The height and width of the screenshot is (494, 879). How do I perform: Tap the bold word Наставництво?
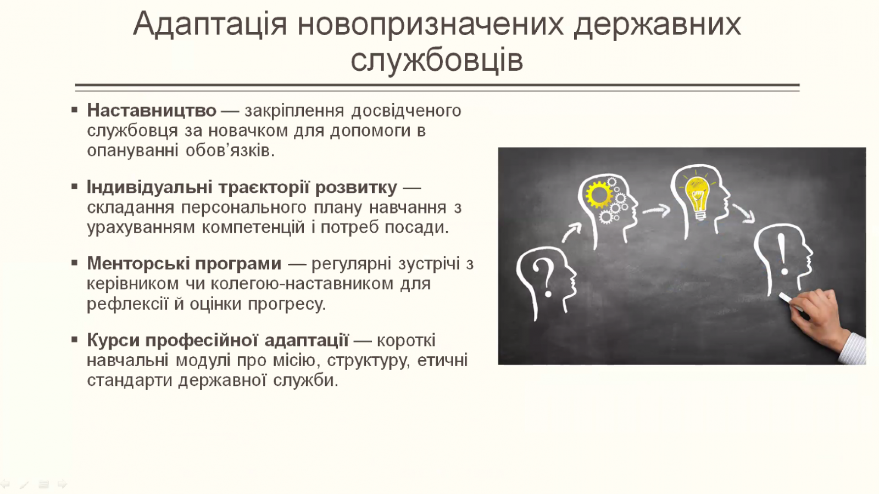click(x=152, y=110)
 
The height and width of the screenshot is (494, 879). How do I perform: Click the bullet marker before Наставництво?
click(x=75, y=110)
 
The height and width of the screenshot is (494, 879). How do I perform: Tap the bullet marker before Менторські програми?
click(x=75, y=263)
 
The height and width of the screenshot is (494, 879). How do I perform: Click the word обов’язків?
click(x=230, y=150)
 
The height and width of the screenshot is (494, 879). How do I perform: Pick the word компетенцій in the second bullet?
click(x=253, y=227)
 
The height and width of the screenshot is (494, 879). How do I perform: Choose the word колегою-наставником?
click(x=302, y=283)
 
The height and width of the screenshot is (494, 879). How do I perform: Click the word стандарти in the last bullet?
click(x=130, y=380)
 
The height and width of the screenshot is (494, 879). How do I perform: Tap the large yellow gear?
click(x=598, y=194)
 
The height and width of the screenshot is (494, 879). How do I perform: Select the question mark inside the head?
click(x=544, y=278)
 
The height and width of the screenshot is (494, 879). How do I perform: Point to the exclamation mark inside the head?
click(x=783, y=254)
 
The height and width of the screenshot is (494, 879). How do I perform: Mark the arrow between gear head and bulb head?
click(x=657, y=211)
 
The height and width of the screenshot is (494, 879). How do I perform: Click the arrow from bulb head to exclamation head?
click(x=743, y=214)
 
